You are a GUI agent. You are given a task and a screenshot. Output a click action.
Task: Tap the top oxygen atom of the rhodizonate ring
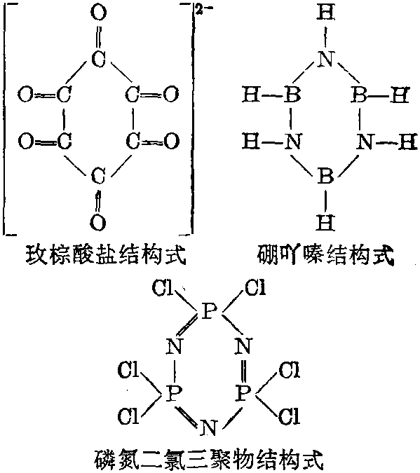pos(98,13)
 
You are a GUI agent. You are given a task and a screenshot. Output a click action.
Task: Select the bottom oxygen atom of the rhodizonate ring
pos(98,222)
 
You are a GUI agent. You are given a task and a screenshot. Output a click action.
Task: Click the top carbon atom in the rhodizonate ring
pos(98,58)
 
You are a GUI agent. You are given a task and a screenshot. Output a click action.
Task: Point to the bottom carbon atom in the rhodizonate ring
pos(98,176)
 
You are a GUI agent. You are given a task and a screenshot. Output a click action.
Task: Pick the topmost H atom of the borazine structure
pos(325,13)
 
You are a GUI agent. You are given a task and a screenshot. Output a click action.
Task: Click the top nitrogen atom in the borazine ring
pos(325,58)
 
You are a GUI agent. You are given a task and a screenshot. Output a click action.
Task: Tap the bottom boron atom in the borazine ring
pos(325,176)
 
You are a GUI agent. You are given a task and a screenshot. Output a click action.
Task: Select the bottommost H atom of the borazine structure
pos(325,222)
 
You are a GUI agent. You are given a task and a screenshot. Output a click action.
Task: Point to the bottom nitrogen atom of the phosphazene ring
pos(208,427)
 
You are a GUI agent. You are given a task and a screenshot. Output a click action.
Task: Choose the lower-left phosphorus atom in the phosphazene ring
pos(173,393)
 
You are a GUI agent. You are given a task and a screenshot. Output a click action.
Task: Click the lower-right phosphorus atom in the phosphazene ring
pos(243,393)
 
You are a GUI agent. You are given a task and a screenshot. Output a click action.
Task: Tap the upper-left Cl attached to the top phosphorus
pos(163,287)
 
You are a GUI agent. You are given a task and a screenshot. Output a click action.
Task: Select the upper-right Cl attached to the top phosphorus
pos(255,287)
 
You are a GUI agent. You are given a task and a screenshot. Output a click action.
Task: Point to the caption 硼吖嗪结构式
pos(326,255)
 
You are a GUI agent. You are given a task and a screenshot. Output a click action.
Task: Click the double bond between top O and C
pos(98,36)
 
